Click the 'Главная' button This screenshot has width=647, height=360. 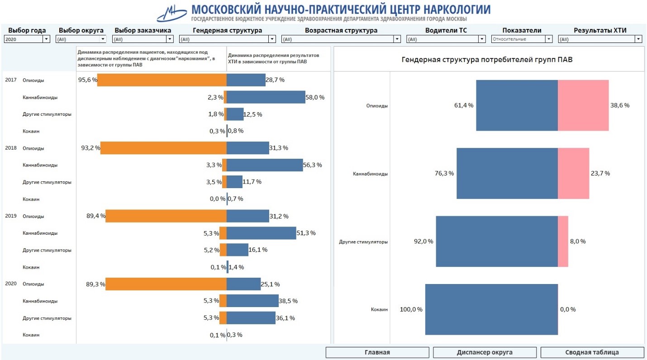pyautogui.click(x=377, y=352)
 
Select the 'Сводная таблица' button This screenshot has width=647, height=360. pyautogui.click(x=592, y=352)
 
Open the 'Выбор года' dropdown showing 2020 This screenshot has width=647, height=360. pyautogui.click(x=27, y=39)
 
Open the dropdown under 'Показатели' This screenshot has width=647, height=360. pyautogui.click(x=522, y=39)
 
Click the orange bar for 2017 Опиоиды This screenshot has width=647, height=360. pyautogui.click(x=162, y=80)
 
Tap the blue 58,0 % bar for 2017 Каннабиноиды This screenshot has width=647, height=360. pyautogui.click(x=266, y=97)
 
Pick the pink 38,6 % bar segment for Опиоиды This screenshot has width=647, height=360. pyautogui.click(x=583, y=105)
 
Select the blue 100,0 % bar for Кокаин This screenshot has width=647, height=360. pyautogui.click(x=491, y=309)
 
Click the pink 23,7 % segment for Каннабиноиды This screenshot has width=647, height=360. pyautogui.click(x=573, y=173)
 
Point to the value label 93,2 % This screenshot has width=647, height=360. pyautogui.click(x=90, y=148)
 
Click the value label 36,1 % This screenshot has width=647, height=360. pyautogui.click(x=285, y=318)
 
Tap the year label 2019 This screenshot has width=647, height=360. pyautogui.click(x=11, y=216)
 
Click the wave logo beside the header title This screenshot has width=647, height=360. pyautogui.click(x=172, y=13)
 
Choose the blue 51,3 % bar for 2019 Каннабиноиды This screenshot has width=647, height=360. pyautogui.click(x=261, y=233)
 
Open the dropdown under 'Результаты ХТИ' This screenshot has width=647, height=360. pyautogui.click(x=600, y=39)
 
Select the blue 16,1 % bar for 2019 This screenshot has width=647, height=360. pyautogui.click(x=238, y=250)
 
